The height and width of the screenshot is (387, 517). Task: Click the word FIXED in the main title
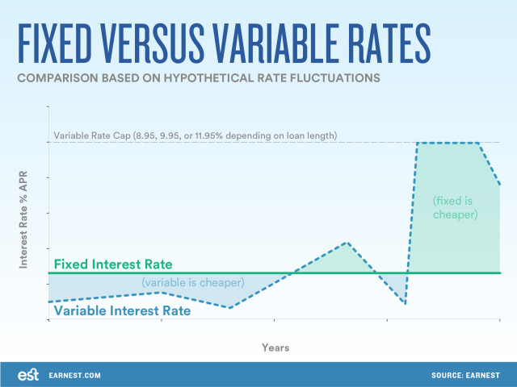pos(54,43)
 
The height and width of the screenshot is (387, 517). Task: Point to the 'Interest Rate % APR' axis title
pos(23,219)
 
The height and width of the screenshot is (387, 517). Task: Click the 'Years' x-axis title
pos(275,347)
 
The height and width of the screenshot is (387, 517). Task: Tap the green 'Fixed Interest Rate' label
pos(113,264)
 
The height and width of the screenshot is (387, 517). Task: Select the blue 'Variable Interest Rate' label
pos(122,310)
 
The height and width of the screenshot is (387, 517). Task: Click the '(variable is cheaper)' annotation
pos(193,283)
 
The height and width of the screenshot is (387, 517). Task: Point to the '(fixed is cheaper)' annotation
pos(455,208)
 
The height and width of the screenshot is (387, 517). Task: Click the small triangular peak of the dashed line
pos(347,243)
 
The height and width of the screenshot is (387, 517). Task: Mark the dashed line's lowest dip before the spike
pos(405,303)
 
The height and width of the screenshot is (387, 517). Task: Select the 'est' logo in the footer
pos(28,375)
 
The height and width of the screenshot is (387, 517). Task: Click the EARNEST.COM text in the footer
pos(74,376)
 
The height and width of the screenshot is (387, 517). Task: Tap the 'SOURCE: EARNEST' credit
pos(465,376)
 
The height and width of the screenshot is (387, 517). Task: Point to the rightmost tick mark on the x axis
pos(500,320)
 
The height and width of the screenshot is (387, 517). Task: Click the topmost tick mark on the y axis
pos(48,106)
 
